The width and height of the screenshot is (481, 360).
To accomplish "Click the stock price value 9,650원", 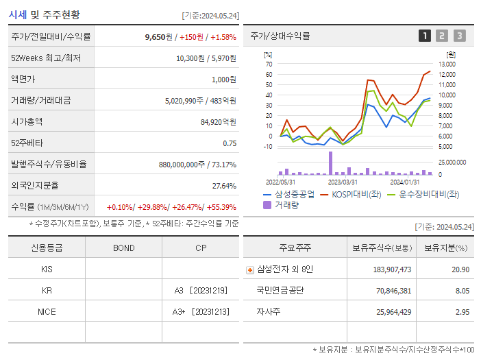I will [x=160, y=37].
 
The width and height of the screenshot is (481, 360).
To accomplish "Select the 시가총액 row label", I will [x=27, y=121].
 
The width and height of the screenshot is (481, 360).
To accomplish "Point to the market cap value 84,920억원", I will [x=218, y=121].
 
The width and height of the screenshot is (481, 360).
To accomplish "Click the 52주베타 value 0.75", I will [x=230, y=143].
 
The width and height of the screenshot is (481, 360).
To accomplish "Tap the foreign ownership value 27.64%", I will [x=224, y=185].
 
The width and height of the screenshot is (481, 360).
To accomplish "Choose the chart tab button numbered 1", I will [x=425, y=36].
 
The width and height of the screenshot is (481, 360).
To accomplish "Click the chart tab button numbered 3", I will [x=459, y=36].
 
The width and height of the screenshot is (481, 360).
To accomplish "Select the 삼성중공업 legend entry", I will [x=289, y=195].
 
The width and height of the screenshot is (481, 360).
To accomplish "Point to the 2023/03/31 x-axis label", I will [x=343, y=182].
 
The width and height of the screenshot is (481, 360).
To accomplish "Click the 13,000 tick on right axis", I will [x=447, y=64].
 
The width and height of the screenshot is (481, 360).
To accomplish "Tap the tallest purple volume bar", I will [x=330, y=163].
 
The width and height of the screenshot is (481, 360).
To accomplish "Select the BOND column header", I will [x=123, y=248].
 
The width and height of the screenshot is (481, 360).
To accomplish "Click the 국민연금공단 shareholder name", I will [x=280, y=290].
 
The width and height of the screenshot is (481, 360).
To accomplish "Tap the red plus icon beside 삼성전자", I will [x=249, y=269].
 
